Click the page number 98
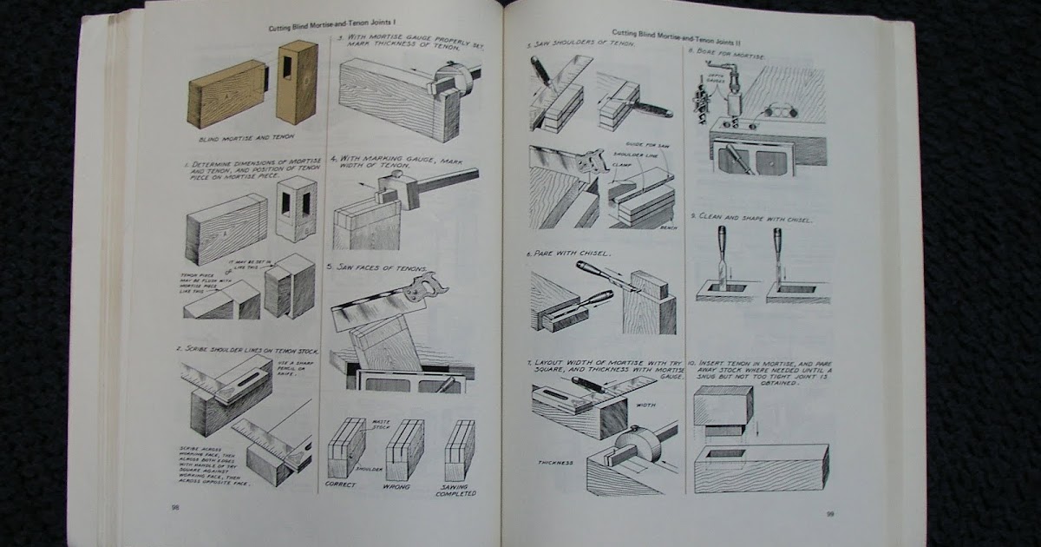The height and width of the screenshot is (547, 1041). coord(175,506)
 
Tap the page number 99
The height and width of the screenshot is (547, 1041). coord(829,514)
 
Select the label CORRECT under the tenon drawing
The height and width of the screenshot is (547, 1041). coord(341,484)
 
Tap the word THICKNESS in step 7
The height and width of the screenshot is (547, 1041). coord(555,462)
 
